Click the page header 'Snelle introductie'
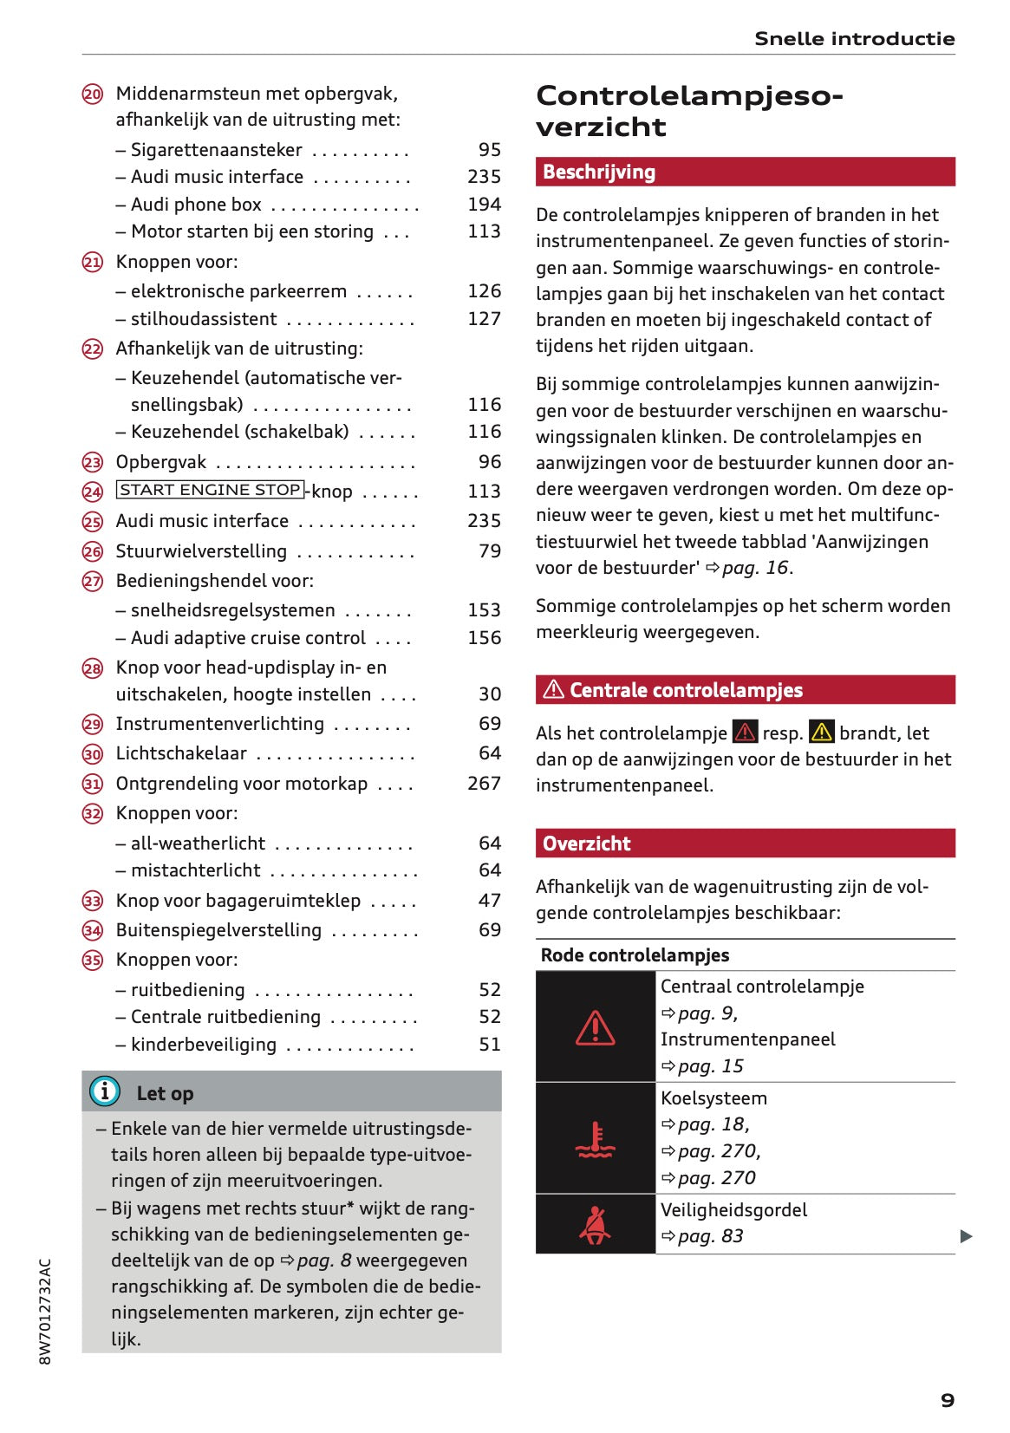(x=854, y=38)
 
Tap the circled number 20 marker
(x=93, y=94)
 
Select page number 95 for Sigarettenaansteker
(x=489, y=149)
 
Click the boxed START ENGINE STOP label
(x=210, y=490)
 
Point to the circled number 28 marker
(x=93, y=668)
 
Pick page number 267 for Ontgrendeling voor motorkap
(x=484, y=783)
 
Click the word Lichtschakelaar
(x=181, y=752)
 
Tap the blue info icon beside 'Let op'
(x=105, y=1091)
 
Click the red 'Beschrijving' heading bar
(x=745, y=172)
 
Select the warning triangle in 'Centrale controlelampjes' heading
(x=553, y=690)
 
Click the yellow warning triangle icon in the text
(x=820, y=733)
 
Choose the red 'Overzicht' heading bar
(x=745, y=843)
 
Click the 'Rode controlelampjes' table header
(x=635, y=954)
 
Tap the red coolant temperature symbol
(x=595, y=1139)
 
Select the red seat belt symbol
(x=595, y=1224)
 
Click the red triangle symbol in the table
(x=595, y=1027)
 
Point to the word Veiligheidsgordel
(x=733, y=1209)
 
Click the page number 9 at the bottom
(x=947, y=1399)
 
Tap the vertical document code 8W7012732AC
(x=45, y=1311)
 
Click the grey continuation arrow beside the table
(x=966, y=1236)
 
